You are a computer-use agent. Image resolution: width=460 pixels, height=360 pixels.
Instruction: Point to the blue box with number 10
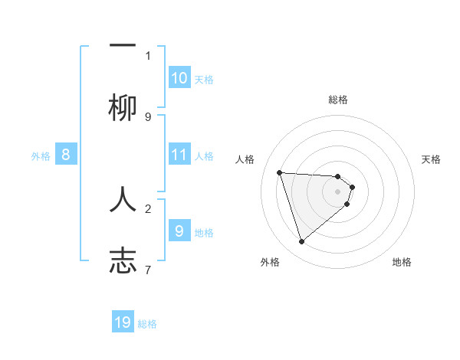point(179,78)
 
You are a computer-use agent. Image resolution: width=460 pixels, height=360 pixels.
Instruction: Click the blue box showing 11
point(179,155)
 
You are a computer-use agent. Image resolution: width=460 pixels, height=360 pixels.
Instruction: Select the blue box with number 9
point(179,231)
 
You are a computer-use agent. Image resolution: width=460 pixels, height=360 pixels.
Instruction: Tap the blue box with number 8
point(66,155)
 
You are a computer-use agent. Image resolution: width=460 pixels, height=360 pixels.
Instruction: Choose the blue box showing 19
point(123,322)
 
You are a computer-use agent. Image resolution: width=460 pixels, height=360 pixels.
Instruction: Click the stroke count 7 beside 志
point(148,270)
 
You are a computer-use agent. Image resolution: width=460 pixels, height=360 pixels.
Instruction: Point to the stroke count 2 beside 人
point(148,208)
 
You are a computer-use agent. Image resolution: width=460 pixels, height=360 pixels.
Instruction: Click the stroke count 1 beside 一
point(148,55)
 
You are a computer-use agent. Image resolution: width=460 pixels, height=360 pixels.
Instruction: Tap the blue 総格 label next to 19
point(147,324)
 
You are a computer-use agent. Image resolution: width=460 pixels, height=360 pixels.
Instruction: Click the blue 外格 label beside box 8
point(41,156)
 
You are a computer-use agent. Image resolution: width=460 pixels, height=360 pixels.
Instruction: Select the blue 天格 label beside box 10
point(203,80)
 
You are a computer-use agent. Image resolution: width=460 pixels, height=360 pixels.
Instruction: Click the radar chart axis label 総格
point(338,100)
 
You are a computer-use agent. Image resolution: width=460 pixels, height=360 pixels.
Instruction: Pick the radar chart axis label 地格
point(402,262)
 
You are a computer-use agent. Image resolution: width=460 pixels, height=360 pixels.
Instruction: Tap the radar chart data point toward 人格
point(279,172)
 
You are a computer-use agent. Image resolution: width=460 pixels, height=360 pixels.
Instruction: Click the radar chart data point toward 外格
point(301,242)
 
